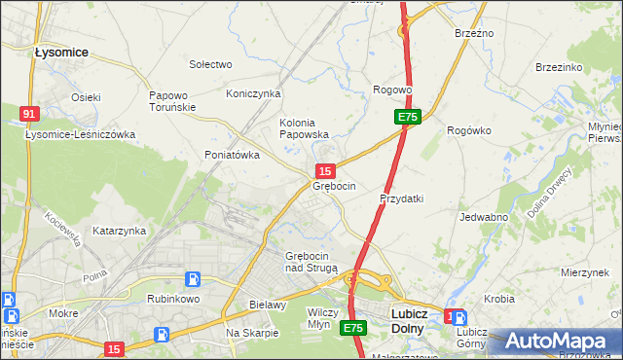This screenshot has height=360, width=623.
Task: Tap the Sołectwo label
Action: tap(210, 64)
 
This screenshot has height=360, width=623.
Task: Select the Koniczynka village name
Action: tap(253, 93)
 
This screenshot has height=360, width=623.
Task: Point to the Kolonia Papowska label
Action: tap(305, 128)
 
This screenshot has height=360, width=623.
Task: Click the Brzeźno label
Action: tap(474, 33)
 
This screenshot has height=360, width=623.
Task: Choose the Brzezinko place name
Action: tap(559, 67)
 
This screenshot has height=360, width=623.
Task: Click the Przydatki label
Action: tap(401, 198)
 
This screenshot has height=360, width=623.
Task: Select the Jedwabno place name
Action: tap(484, 218)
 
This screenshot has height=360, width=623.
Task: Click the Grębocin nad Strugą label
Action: tap(311, 261)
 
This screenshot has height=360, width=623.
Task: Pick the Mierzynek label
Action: tap(584, 273)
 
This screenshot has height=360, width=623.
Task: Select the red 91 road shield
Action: tap(29, 114)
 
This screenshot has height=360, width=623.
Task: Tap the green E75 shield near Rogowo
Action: tap(407, 117)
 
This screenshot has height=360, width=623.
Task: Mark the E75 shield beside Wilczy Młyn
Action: tap(352, 329)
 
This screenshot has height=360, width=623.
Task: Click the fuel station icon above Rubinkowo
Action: tap(193, 279)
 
